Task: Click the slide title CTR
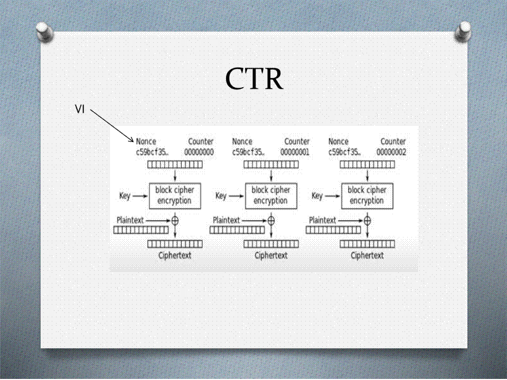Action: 254,79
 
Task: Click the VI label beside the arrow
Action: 80,109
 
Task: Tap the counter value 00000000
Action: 199,152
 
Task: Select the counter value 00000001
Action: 295,152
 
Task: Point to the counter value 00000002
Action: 391,152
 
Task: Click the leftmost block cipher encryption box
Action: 174,195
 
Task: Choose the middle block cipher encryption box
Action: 270,195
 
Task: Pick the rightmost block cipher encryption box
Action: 367,195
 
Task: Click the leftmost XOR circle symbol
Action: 175,220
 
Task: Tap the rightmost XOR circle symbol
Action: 368,220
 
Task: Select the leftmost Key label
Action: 125,196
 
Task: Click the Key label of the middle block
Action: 221,196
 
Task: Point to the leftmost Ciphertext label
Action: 175,255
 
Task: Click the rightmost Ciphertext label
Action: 368,255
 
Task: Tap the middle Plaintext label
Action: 226,220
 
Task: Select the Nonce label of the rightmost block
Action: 339,141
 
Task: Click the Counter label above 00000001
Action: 297,141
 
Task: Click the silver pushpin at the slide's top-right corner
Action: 463,31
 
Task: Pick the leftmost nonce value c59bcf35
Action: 152,152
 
